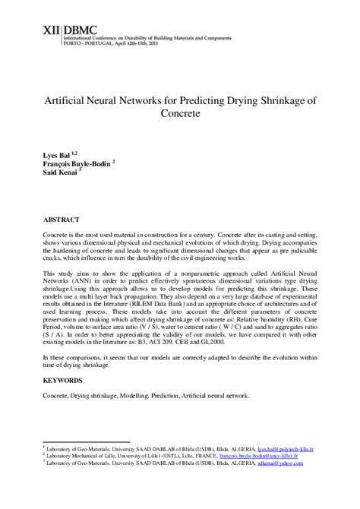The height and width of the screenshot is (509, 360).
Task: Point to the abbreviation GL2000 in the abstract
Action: coord(234,343)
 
